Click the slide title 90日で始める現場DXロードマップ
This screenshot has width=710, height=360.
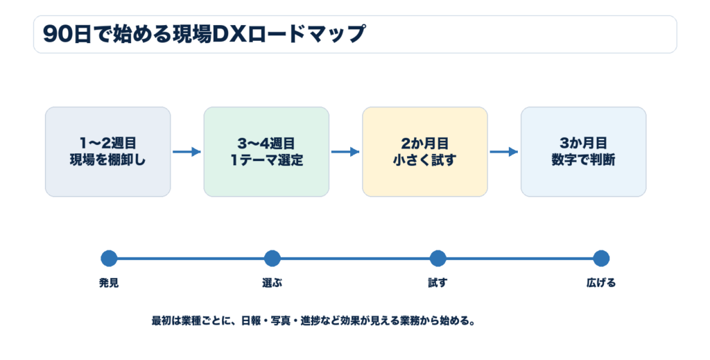[x=204, y=35]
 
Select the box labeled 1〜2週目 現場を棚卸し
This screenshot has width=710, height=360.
[x=107, y=152]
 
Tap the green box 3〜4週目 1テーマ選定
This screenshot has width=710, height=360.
[x=266, y=152]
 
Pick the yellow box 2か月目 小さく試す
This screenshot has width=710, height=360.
[x=425, y=152]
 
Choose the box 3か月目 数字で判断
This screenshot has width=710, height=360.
[x=583, y=152]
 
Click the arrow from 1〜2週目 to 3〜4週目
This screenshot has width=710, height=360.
[x=187, y=152]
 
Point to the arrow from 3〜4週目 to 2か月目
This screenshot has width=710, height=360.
[x=345, y=152]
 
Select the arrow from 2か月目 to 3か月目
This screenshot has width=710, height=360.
[x=503, y=152]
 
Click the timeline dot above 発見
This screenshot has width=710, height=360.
[x=109, y=259]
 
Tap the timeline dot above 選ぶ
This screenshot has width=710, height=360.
[x=272, y=259]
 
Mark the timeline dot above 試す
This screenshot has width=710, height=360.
[x=438, y=259]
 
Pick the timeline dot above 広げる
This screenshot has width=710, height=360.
[x=601, y=259]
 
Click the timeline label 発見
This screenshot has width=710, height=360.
[x=109, y=283]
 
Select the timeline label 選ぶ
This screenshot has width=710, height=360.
[x=272, y=283]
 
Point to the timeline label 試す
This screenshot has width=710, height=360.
[x=438, y=283]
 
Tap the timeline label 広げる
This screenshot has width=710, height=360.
[x=601, y=283]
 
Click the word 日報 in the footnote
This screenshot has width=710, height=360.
[x=251, y=321]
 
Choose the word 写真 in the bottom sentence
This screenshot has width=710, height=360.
[x=281, y=321]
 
